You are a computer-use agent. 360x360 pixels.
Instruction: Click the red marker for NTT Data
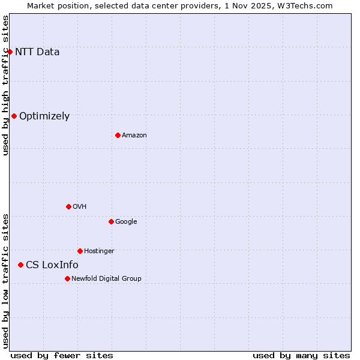10,52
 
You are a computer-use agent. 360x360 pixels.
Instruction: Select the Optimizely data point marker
14,116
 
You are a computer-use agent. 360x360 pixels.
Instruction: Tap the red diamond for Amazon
118,135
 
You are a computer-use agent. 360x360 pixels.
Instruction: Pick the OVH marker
68,206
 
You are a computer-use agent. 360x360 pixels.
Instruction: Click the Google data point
111,221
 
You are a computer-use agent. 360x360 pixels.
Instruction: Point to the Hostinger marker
80,251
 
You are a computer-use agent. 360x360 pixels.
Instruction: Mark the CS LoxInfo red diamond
20,265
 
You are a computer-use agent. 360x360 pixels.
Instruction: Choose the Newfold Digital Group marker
67,278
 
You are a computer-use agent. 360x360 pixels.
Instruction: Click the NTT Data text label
37,52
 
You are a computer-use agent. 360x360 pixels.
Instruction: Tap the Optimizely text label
44,116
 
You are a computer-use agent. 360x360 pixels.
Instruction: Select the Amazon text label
134,136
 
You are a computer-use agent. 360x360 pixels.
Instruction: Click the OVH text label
80,207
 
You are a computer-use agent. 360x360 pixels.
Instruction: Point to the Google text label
126,222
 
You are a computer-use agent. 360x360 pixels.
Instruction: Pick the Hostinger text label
99,251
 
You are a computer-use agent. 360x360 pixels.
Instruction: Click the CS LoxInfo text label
52,265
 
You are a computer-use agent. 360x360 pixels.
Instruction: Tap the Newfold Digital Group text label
106,279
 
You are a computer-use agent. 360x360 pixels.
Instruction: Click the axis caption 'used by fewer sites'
62,355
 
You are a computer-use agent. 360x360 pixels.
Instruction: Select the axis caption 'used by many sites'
301,355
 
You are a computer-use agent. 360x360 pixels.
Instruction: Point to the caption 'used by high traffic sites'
5,85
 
